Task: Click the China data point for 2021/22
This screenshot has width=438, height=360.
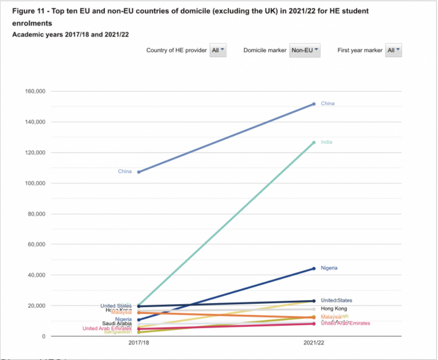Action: click(314, 104)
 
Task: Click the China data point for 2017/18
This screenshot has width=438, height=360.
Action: click(139, 172)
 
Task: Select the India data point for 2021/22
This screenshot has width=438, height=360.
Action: click(314, 143)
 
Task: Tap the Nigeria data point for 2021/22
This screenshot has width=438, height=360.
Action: click(314, 268)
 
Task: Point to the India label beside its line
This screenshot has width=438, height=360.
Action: click(326, 142)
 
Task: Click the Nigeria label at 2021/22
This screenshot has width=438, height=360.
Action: click(329, 268)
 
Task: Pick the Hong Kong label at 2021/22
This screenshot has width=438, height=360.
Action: click(334, 309)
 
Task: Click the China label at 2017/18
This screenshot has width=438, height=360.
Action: click(125, 172)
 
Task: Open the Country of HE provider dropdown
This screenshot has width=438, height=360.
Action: click(218, 50)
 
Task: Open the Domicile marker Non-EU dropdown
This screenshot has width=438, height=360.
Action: click(305, 50)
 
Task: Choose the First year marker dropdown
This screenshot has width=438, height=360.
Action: click(393, 50)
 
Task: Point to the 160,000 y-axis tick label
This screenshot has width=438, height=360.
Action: click(35, 91)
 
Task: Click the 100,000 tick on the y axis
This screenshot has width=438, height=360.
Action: click(35, 183)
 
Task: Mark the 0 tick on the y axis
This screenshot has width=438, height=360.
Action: click(44, 337)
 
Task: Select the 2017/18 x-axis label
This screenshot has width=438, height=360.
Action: click(139, 343)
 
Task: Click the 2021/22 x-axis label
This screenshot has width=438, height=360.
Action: click(314, 343)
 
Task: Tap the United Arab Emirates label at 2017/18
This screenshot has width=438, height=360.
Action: click(107, 328)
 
